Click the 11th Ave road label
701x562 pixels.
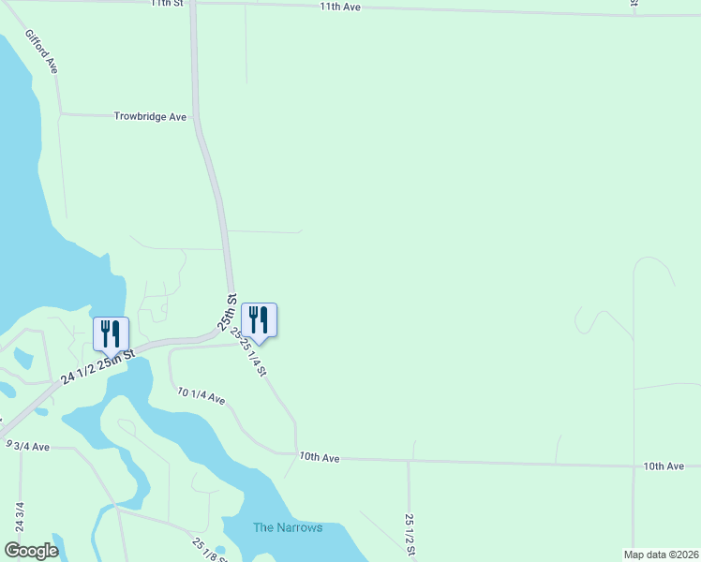coord(340,7)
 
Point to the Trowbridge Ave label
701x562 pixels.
coord(151,117)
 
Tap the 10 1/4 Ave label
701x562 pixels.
coord(201,398)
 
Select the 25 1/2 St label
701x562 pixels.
coord(410,534)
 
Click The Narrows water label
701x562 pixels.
coord(288,527)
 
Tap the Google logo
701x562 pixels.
coord(31,551)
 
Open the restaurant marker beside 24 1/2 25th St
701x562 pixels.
coord(111,334)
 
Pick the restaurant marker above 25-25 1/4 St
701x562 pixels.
coord(260,321)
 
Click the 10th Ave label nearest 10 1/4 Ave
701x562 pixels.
coord(319,457)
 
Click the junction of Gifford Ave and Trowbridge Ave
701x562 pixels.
coord(61,114)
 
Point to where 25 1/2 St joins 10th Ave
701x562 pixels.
coord(409,461)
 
